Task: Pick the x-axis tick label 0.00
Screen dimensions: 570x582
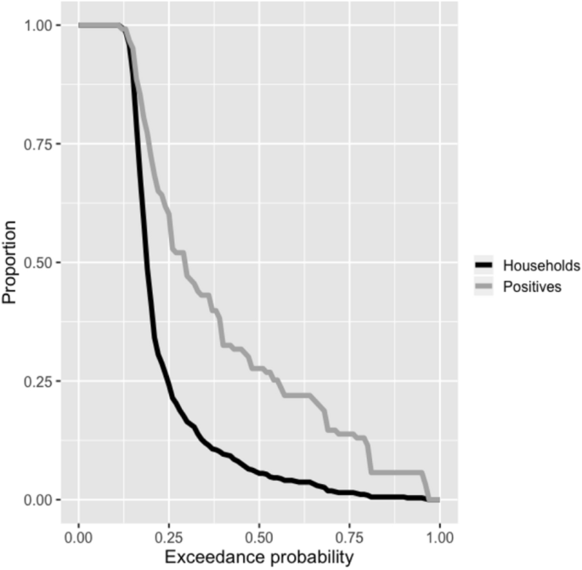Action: pyautogui.click(x=79, y=537)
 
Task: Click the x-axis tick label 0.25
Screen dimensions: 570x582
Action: pyautogui.click(x=169, y=537)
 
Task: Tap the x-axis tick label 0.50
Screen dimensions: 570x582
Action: pyautogui.click(x=259, y=537)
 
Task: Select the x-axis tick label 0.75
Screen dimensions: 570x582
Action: pyautogui.click(x=349, y=537)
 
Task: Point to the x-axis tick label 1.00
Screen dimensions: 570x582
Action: pyautogui.click(x=439, y=537)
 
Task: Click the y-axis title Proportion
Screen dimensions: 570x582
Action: pyautogui.click(x=13, y=263)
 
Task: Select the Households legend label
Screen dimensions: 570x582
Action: pyautogui.click(x=541, y=265)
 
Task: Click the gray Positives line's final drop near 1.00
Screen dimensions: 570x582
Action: pyautogui.click(x=427, y=486)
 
